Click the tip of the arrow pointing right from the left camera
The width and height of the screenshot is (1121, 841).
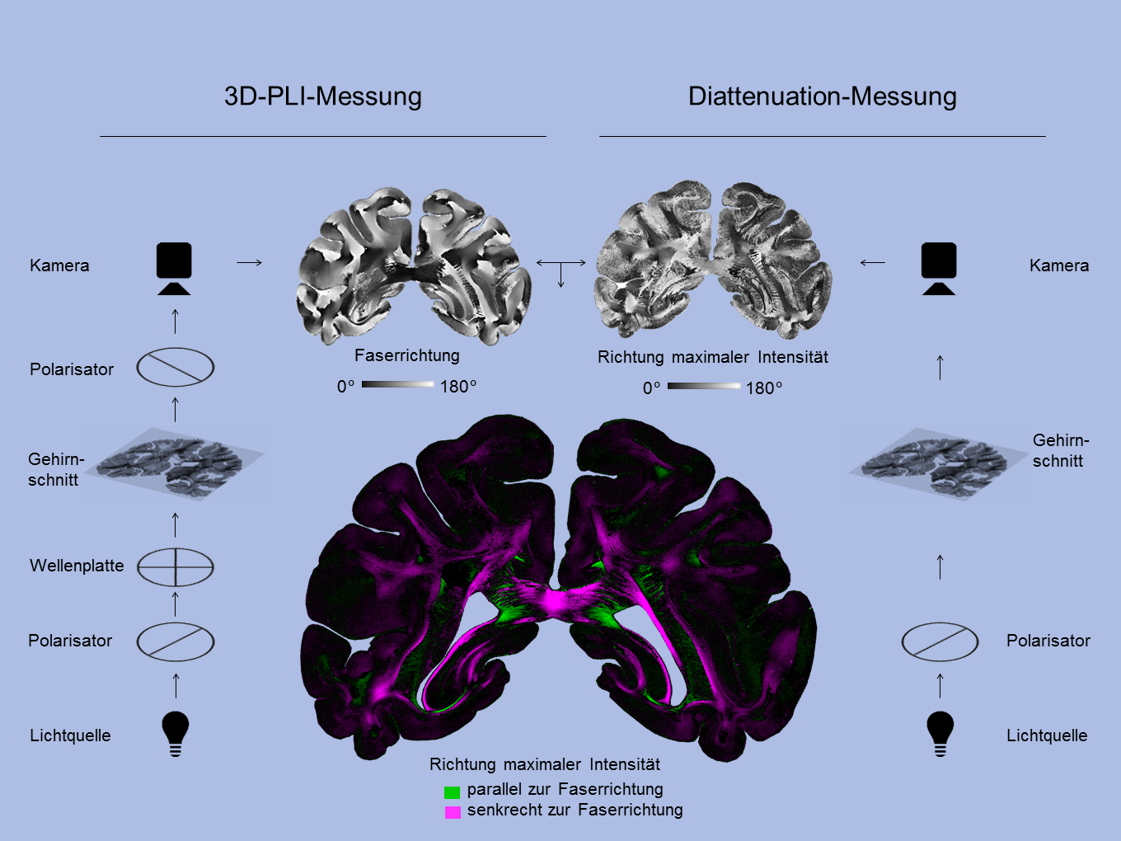262,262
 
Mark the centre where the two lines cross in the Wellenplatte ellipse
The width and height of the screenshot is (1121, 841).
176,566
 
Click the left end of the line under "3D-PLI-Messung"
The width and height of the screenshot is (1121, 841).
100,136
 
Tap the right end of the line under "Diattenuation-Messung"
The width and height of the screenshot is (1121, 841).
1045,136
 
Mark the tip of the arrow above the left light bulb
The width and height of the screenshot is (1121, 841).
176,674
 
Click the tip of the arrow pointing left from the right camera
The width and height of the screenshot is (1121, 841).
860,262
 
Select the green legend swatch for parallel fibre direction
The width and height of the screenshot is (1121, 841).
452,792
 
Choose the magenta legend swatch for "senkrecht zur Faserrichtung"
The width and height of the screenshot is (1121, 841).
453,812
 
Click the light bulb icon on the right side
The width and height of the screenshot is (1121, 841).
940,734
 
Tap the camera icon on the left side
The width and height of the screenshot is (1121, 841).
174,269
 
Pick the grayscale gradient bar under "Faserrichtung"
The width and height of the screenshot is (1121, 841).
398,384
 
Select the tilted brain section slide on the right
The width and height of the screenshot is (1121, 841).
939,463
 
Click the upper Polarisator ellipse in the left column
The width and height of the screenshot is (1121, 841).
176,367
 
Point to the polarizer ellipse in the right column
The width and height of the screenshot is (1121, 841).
940,641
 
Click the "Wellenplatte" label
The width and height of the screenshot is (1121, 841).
77,566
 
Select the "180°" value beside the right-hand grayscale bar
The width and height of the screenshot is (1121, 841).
764,388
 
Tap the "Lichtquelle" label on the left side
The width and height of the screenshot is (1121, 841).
71,735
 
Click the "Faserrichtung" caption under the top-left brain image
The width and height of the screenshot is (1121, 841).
407,355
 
